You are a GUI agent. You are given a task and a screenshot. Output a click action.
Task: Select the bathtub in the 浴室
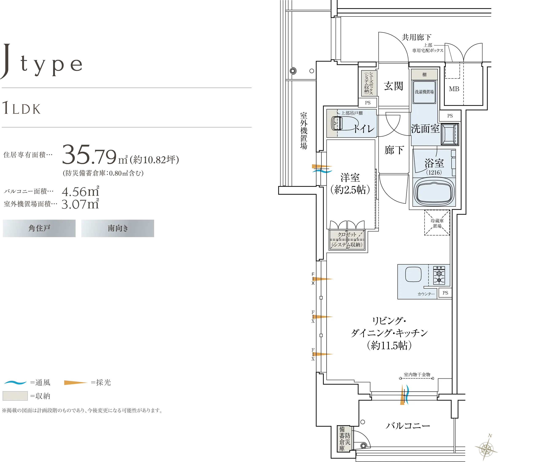click(434, 192)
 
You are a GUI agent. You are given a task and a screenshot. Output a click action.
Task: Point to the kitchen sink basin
click(413, 274)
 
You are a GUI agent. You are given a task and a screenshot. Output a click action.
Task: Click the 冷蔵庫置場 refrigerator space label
click(437, 223)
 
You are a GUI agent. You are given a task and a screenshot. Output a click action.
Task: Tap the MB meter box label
click(454, 89)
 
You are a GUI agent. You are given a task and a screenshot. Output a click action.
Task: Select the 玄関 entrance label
click(393, 86)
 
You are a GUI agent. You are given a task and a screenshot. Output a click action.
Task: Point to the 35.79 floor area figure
click(89, 154)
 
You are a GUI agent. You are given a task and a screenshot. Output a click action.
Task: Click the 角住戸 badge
click(39, 228)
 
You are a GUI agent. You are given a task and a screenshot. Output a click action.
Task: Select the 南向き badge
click(118, 228)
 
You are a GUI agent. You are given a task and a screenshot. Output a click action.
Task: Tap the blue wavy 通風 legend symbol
click(15, 382)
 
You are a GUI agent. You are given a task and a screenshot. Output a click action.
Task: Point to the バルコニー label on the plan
click(408, 425)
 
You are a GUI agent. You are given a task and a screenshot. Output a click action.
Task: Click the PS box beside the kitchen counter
click(445, 293)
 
